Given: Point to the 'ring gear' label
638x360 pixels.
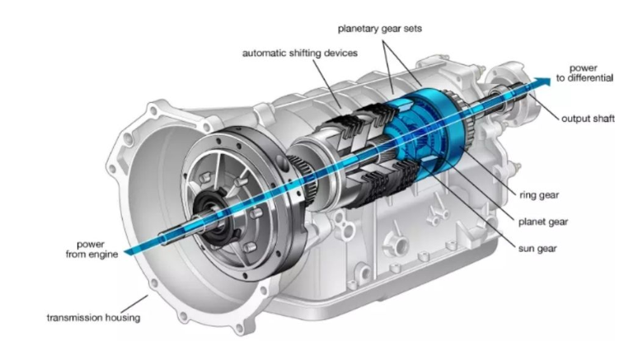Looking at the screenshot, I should [540, 196].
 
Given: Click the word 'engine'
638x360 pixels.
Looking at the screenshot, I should [106, 255].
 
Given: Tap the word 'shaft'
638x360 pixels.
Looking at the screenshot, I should [603, 119].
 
